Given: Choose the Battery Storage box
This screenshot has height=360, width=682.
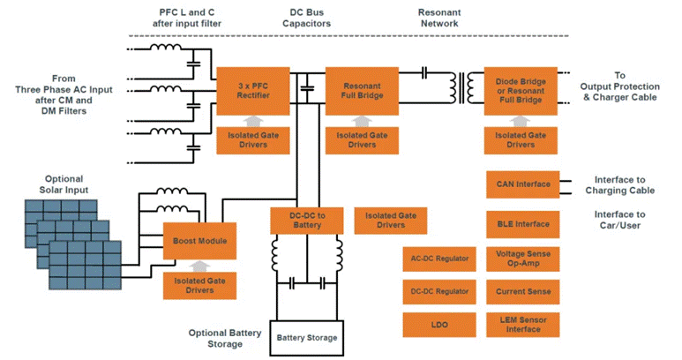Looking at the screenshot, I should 306,337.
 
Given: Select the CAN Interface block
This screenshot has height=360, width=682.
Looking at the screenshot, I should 521,184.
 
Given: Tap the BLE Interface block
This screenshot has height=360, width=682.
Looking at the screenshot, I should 521,224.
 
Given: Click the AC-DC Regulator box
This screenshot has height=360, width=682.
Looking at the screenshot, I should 438,259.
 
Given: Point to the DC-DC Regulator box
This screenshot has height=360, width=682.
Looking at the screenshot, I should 438,291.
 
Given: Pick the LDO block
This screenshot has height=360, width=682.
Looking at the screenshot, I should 438,325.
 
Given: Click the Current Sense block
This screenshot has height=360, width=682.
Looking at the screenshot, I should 521,291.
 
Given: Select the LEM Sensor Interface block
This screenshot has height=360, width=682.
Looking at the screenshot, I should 521,325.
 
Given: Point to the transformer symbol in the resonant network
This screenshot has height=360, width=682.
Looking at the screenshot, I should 458,83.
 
